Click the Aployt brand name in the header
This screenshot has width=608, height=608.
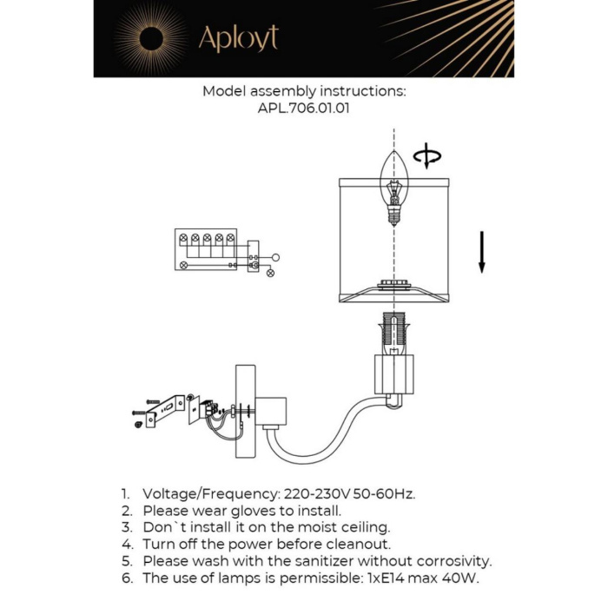tap(238, 39)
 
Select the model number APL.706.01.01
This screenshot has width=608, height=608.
tap(303, 109)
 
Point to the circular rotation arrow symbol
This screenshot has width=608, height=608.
tap(426, 157)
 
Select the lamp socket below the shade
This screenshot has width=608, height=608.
tap(393, 334)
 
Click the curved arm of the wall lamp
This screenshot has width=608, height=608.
tap(330, 434)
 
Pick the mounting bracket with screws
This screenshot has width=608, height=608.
tap(165, 408)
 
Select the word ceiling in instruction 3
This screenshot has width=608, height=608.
tap(362, 527)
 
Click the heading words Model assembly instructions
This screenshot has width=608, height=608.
tap(303, 91)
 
